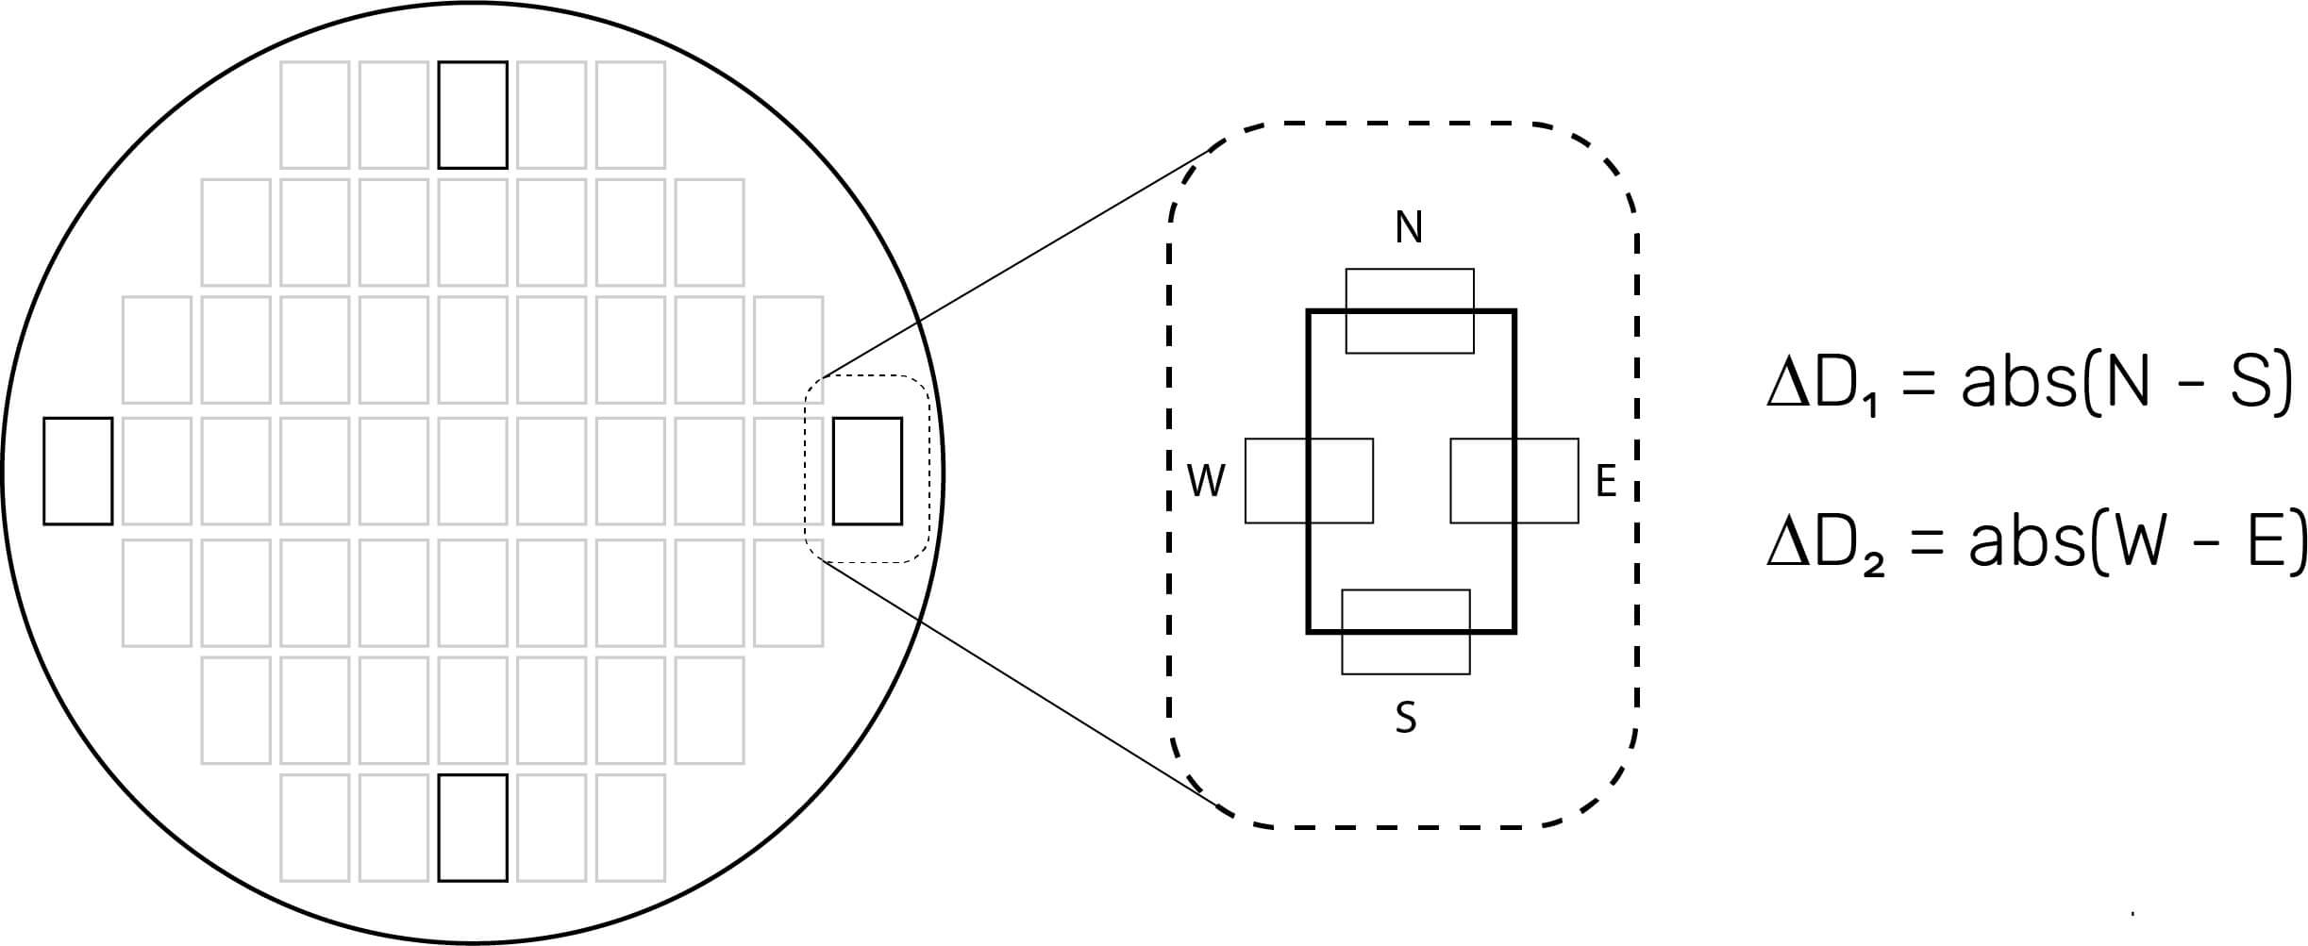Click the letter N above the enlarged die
pos(1409,227)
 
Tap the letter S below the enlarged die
pos(1406,718)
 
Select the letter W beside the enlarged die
pos(1206,482)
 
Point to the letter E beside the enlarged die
pos(1605,482)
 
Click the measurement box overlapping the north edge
pos(1410,311)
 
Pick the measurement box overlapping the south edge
pos(1406,632)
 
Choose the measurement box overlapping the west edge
pos(1309,481)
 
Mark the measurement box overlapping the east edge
pos(1514,481)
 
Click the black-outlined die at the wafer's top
pos(474,115)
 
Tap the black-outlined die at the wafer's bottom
pos(474,828)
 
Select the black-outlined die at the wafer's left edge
pos(78,471)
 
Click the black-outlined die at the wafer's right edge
pos(867,471)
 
